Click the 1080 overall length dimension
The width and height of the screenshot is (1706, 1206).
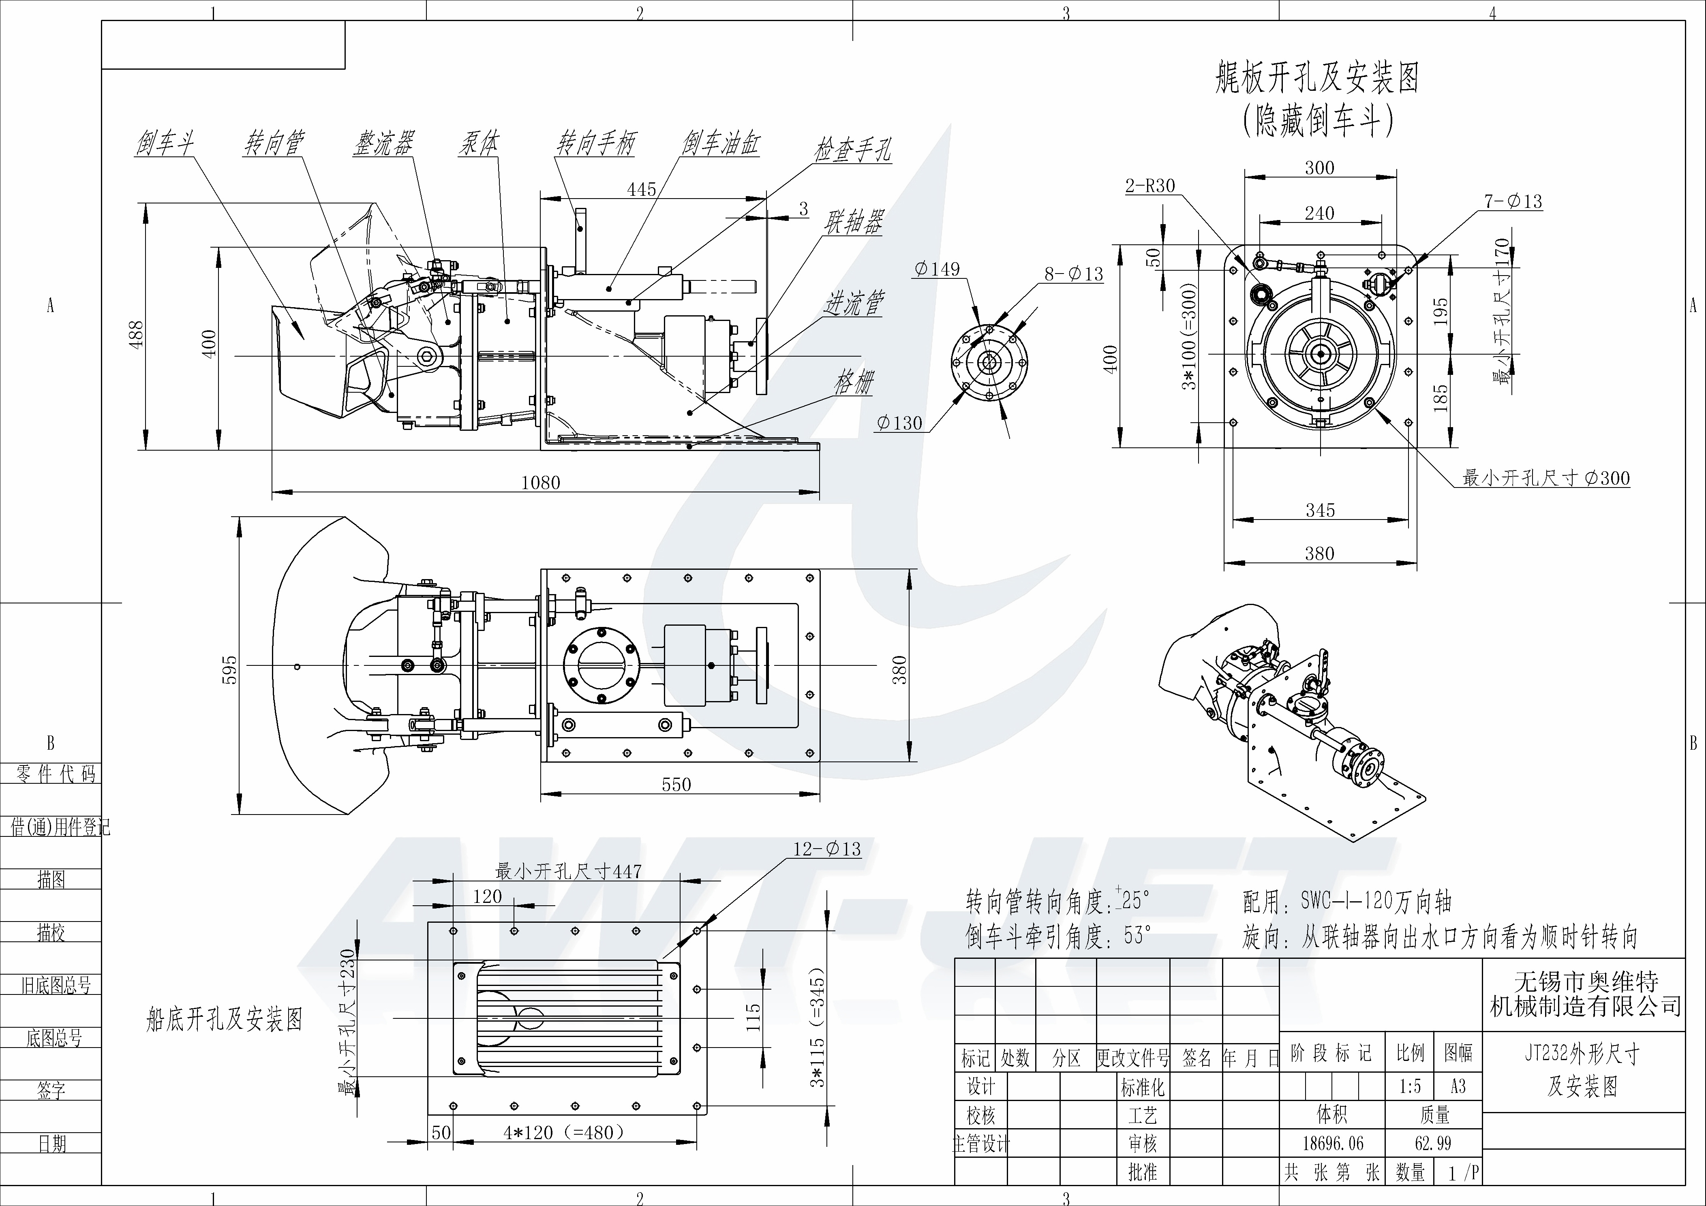coord(540,482)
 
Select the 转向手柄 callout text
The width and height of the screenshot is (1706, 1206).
coord(596,143)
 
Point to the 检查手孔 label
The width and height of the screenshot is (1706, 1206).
coord(852,151)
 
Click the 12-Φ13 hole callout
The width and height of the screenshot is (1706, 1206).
coord(826,849)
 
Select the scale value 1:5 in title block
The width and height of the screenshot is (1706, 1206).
coord(1410,1086)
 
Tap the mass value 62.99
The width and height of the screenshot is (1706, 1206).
coord(1433,1143)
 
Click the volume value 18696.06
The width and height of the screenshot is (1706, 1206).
coord(1333,1143)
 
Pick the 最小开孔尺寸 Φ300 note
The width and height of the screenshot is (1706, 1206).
coord(1545,478)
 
